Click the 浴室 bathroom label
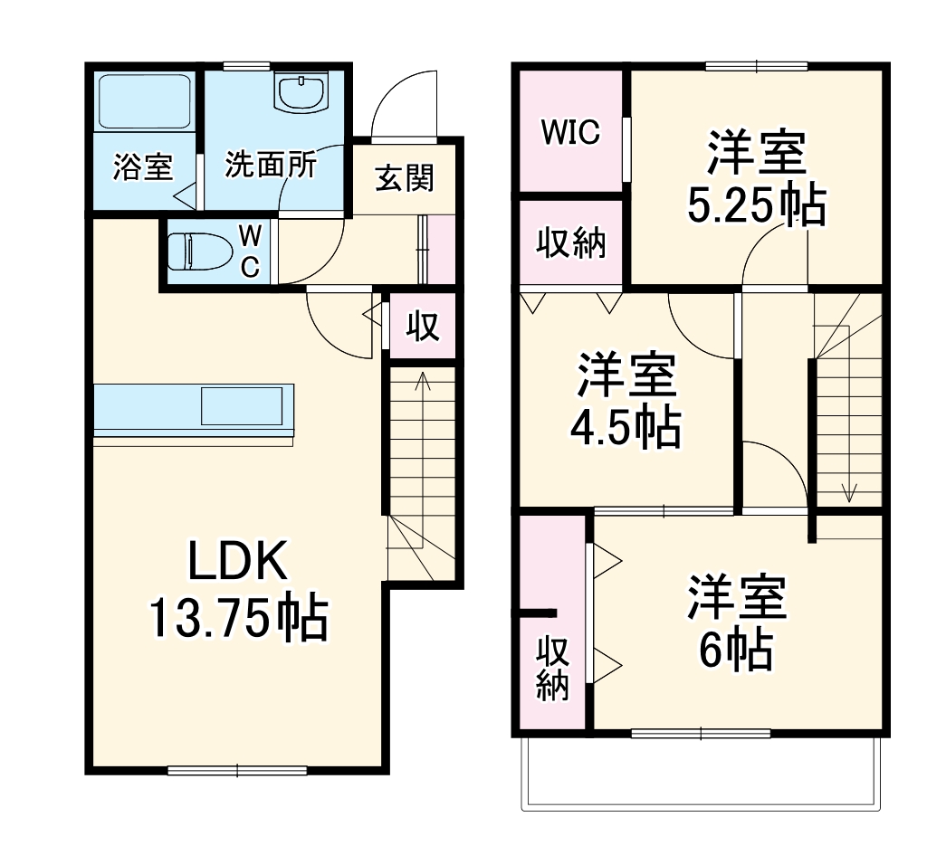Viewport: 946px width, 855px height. click(x=142, y=167)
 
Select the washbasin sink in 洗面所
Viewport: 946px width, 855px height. click(x=302, y=92)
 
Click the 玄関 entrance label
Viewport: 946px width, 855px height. click(x=404, y=178)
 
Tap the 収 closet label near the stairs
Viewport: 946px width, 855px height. click(x=422, y=327)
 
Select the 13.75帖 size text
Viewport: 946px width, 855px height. click(x=237, y=620)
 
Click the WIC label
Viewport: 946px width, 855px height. click(x=570, y=132)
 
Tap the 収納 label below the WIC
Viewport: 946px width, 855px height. click(x=570, y=243)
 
